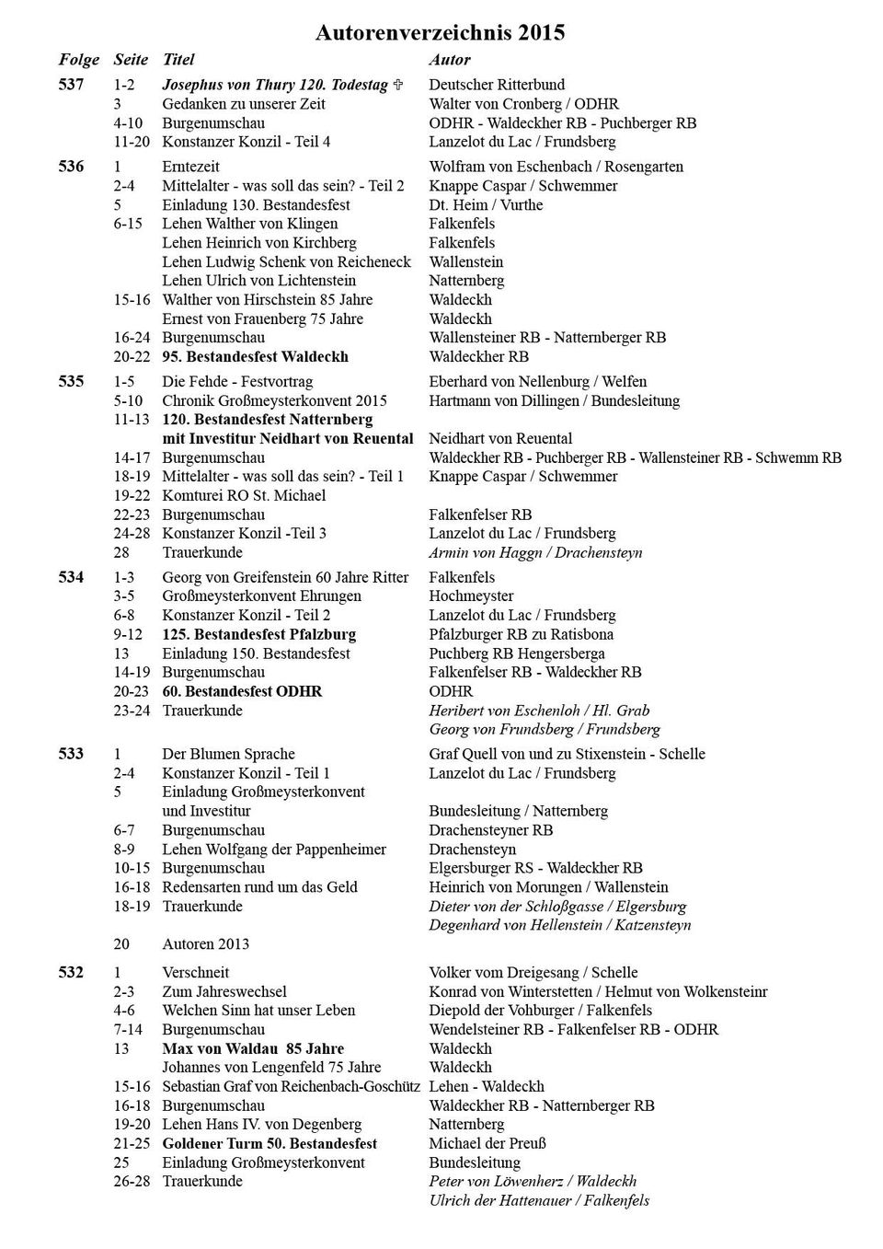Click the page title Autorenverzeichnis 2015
pyautogui.click(x=440, y=33)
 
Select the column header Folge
pyautogui.click(x=78, y=60)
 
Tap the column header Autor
pyautogui.click(x=449, y=60)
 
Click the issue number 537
pyautogui.click(x=71, y=85)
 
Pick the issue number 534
pyautogui.click(x=71, y=577)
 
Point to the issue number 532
pyautogui.click(x=71, y=972)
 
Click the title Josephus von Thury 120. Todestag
pyautogui.click(x=275, y=85)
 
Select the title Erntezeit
pyautogui.click(x=190, y=167)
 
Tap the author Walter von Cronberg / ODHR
pyautogui.click(x=523, y=104)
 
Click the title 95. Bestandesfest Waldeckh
pyautogui.click(x=255, y=356)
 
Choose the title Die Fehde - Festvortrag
pyautogui.click(x=237, y=381)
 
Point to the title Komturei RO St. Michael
pyautogui.click(x=244, y=495)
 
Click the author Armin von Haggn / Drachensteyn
pyautogui.click(x=535, y=552)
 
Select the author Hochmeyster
pyautogui.click(x=471, y=596)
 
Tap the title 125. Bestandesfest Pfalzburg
pyautogui.click(x=258, y=634)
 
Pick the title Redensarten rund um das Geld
pyautogui.click(x=259, y=886)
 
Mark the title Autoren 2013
pyautogui.click(x=205, y=943)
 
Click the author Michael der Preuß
pyautogui.click(x=487, y=1143)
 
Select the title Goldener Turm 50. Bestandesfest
pyautogui.click(x=269, y=1143)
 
